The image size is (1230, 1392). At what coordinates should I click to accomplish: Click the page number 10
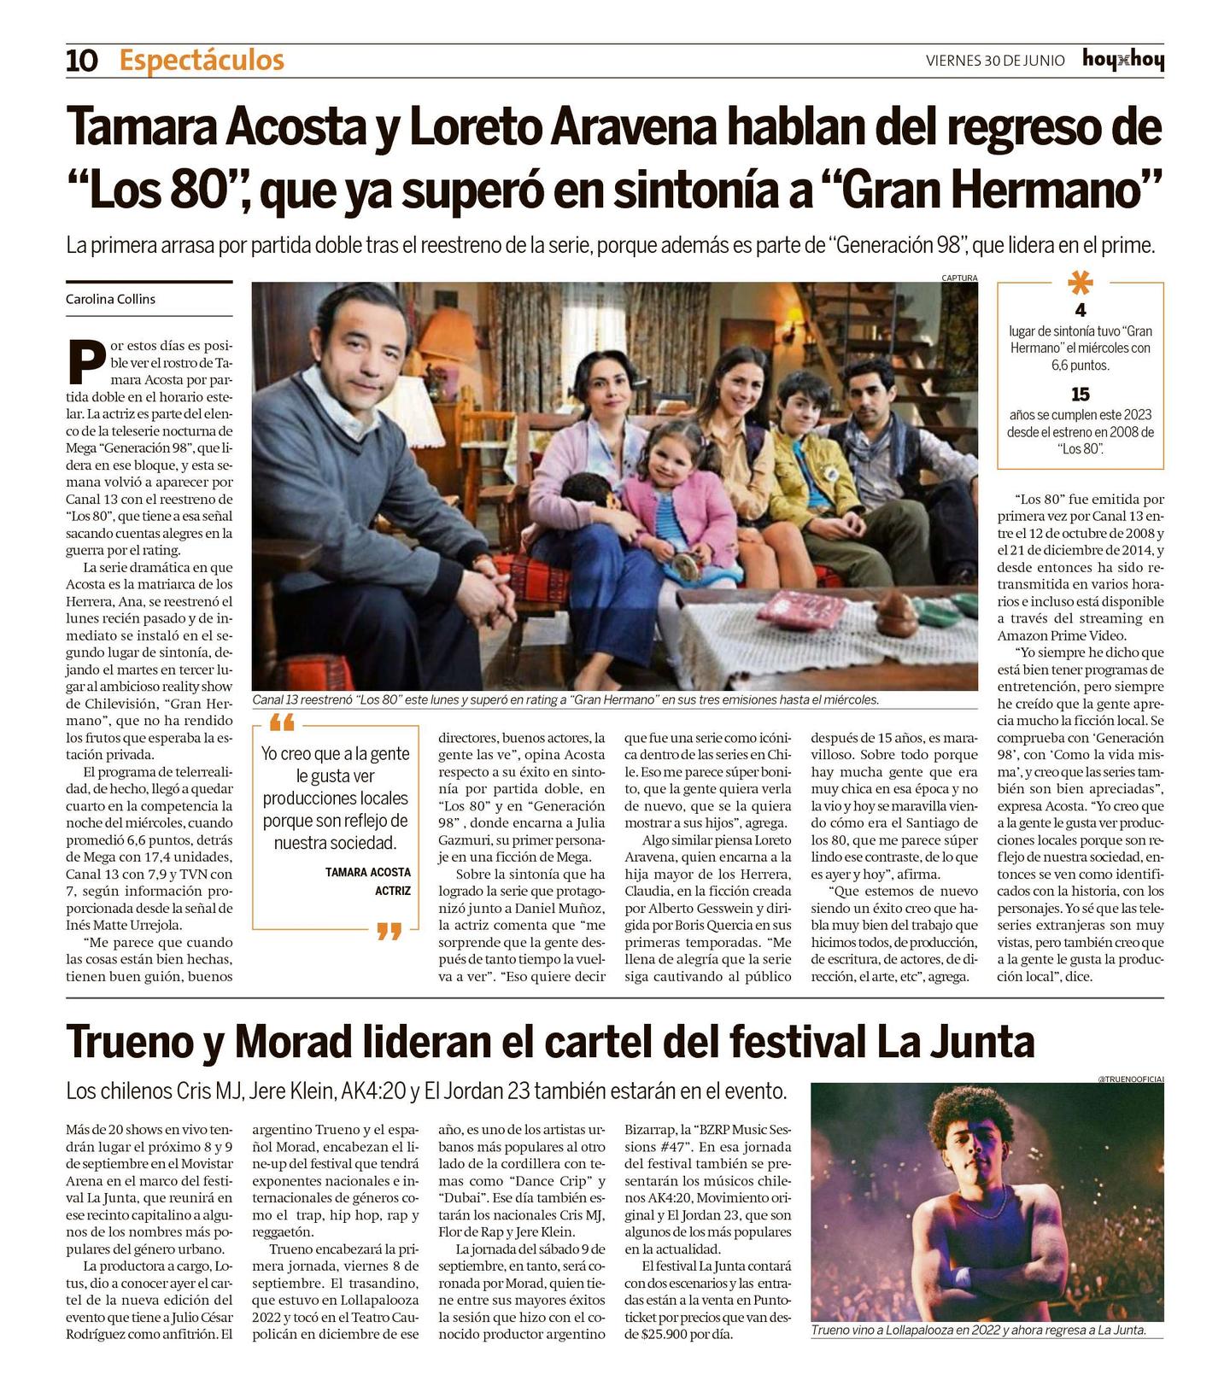pos(82,61)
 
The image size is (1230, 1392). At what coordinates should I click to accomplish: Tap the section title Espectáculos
pos(202,61)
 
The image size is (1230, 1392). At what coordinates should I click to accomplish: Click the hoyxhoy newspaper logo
pos(1122,60)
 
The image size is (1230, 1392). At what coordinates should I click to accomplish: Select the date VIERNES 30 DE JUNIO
pos(995,61)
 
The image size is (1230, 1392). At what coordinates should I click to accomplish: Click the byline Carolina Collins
pos(110,299)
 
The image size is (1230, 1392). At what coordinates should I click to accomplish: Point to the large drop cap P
pos(86,363)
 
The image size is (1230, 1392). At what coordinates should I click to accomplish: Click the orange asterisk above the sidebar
pos(1081,284)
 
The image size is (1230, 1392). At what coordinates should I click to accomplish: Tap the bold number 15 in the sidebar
pos(1081,395)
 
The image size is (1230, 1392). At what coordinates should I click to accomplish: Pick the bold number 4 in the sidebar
pos(1081,310)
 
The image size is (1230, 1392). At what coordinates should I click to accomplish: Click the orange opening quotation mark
pos(281,725)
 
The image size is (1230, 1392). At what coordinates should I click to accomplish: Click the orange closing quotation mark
pos(389,931)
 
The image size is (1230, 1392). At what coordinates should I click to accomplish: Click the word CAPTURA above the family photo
pos(959,278)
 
